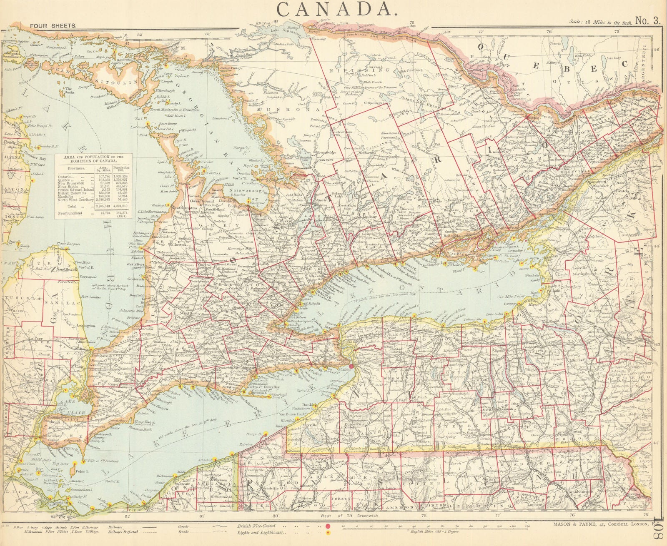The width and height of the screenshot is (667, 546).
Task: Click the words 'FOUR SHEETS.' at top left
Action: (x=53, y=25)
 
